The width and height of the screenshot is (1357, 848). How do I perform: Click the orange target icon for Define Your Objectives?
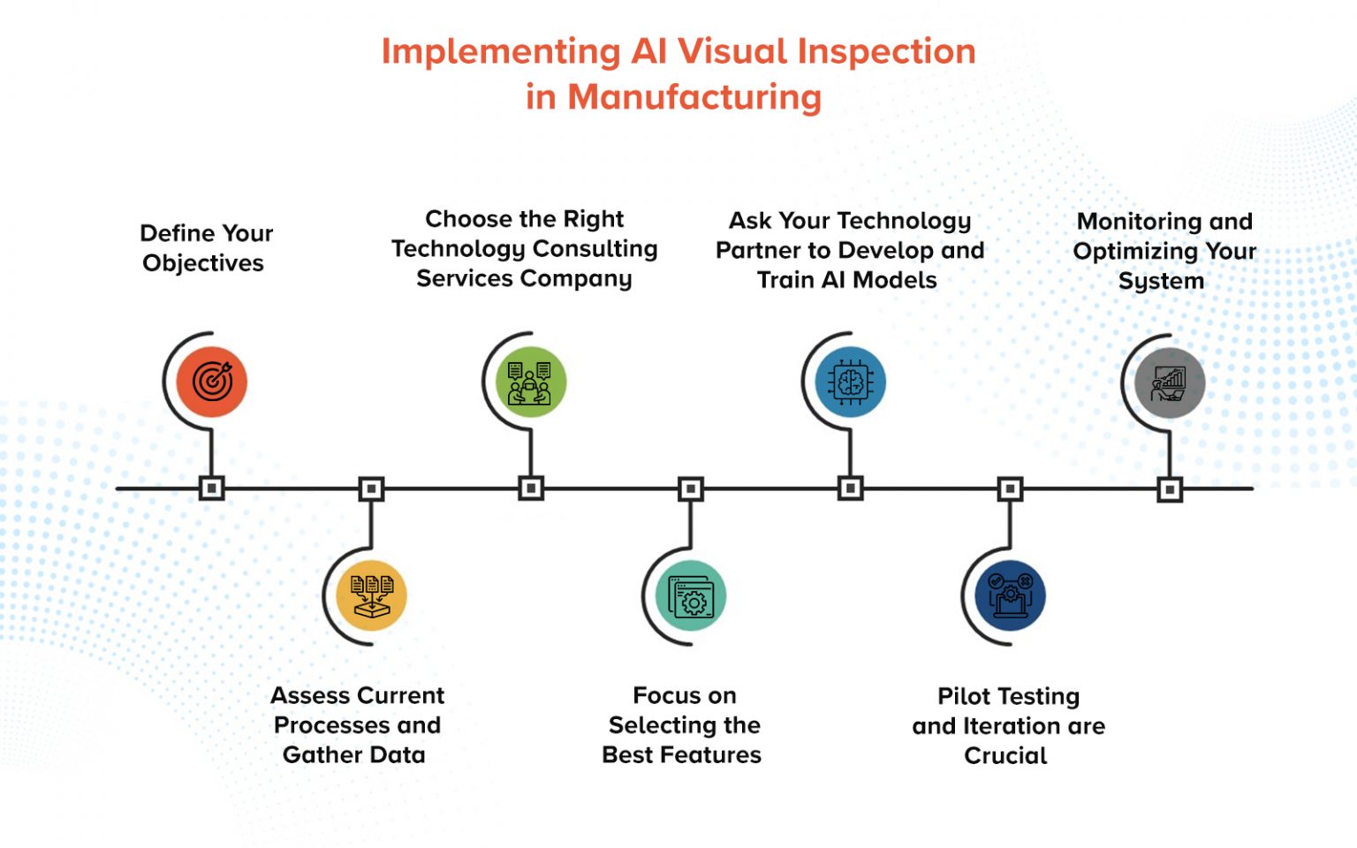211,382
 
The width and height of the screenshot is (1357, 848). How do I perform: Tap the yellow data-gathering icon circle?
371,595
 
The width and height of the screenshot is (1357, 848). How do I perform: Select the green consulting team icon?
530,382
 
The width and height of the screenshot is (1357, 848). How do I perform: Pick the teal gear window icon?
691,595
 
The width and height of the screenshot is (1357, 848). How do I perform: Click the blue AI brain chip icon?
850,382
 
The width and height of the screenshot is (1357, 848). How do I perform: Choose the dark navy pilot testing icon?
1010,595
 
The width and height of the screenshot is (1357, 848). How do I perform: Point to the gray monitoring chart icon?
1170,382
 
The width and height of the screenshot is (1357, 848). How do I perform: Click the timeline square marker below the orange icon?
211,488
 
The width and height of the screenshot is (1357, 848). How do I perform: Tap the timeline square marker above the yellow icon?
371,488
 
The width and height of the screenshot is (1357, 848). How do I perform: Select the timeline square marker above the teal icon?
691,488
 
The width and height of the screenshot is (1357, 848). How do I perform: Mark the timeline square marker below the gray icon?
1170,488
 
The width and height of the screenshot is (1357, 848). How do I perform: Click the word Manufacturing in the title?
694,97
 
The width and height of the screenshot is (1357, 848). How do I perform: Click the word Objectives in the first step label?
203,263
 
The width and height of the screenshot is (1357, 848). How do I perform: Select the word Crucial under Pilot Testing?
1005,756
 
